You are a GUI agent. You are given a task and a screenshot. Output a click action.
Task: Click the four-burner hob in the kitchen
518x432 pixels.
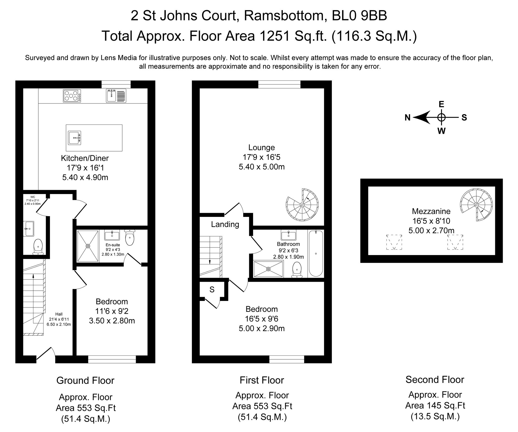coord(72,95)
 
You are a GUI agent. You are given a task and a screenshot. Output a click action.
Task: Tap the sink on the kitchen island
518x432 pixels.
coord(74,138)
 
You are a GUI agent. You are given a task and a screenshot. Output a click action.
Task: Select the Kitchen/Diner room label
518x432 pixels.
coord(85,158)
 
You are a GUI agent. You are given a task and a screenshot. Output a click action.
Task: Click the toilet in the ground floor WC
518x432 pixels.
coord(38,247)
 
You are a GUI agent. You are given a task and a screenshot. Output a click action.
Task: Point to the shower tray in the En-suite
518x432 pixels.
coord(88,246)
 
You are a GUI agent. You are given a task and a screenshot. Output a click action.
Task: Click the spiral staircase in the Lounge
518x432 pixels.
coord(302,205)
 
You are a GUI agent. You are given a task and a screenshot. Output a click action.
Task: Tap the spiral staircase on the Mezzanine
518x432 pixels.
coord(476,205)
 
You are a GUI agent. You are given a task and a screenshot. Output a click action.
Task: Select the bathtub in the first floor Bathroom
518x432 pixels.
coord(316,253)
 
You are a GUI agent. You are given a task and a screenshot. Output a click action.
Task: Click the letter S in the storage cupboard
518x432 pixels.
coord(212,290)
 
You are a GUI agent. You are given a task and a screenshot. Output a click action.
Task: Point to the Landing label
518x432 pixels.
coord(225,224)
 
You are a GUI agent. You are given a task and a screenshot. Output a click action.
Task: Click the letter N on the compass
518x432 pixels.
coord(407,118)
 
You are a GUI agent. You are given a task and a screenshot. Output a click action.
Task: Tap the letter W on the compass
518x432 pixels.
coord(441,131)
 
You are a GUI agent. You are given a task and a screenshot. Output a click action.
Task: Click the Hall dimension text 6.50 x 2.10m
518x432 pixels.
coord(59,324)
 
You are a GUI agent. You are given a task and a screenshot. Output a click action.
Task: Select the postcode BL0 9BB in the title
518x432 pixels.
coord(359,16)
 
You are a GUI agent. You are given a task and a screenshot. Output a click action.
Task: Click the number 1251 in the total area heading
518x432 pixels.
coord(274,36)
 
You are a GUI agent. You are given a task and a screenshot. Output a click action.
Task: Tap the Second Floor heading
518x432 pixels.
coord(435,379)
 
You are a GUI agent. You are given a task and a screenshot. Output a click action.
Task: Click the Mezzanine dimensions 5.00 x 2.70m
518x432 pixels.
coord(431,230)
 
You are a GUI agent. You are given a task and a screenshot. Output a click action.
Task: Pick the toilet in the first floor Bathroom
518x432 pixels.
coord(297,270)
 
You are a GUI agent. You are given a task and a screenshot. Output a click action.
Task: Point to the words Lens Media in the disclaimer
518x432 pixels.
coord(118,58)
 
